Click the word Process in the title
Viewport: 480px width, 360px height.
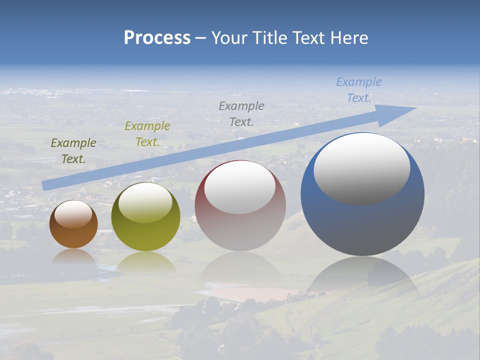157,38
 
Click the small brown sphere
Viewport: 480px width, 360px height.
73,235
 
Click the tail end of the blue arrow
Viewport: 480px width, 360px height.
45,185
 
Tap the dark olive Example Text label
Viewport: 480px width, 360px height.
73,151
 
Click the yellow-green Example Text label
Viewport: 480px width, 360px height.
147,134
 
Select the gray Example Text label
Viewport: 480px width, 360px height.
241,113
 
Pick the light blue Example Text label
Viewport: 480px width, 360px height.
359,90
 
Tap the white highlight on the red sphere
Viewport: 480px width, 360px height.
240,187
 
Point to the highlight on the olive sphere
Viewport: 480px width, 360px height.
145,202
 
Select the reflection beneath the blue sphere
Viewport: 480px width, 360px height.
362,275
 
